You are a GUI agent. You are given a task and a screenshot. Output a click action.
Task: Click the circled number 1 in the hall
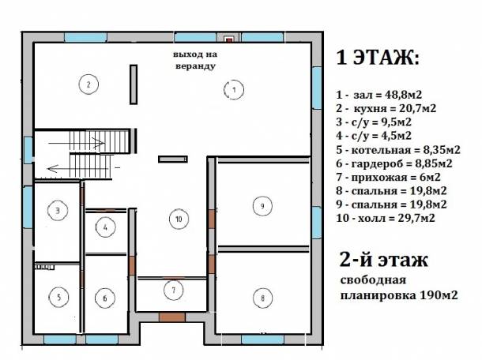233,90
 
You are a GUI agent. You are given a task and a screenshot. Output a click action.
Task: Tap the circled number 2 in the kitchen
89,83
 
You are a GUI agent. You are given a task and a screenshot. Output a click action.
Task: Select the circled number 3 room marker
57,210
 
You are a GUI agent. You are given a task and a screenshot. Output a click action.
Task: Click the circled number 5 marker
58,298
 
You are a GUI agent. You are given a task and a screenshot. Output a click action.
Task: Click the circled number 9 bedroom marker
260,206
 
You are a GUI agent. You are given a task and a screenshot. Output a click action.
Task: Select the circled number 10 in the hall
179,219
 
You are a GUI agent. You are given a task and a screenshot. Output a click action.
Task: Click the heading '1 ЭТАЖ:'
378,58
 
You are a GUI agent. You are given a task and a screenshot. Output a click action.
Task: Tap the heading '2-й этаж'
382,260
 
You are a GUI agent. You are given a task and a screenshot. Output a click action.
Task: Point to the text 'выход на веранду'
194,61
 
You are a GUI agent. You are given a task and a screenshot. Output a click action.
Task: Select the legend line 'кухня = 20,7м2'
387,107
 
